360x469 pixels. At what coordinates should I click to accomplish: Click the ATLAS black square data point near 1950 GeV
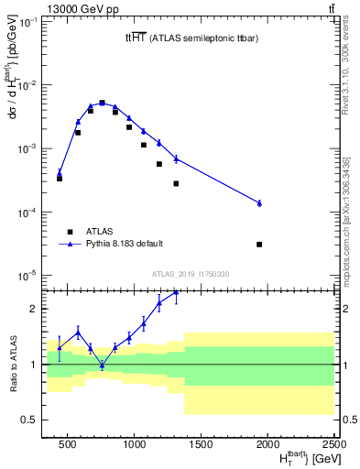(x=259, y=245)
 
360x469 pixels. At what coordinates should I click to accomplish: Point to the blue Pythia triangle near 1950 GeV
(x=259, y=202)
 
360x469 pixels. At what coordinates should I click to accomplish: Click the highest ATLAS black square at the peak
(x=102, y=103)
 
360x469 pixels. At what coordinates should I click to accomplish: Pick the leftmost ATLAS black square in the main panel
(x=60, y=178)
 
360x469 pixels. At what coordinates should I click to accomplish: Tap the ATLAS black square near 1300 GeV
(x=176, y=183)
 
